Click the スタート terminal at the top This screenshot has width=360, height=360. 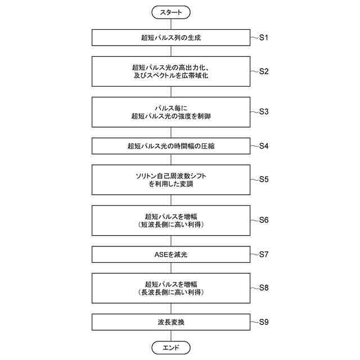(171, 12)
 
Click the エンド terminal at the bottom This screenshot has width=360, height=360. (171, 348)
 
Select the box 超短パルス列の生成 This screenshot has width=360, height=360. (171, 38)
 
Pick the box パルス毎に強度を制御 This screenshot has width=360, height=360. (171, 111)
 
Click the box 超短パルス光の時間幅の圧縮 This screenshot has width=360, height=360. (171, 146)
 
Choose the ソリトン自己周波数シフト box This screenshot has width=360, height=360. (171, 179)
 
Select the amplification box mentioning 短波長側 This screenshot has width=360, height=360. (171, 219)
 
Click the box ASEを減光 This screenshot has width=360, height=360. (171, 254)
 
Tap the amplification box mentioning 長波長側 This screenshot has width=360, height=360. (171, 288)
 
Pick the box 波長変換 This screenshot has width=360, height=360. (171, 322)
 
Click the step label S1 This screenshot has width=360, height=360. (264, 38)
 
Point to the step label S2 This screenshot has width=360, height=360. (264, 71)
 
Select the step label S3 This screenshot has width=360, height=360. (264, 111)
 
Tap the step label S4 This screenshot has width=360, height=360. (264, 146)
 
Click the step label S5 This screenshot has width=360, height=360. (264, 179)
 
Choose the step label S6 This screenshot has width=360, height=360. (264, 219)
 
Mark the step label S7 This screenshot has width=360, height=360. (264, 254)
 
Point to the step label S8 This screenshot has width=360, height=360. (264, 288)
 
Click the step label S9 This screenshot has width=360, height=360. (264, 322)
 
